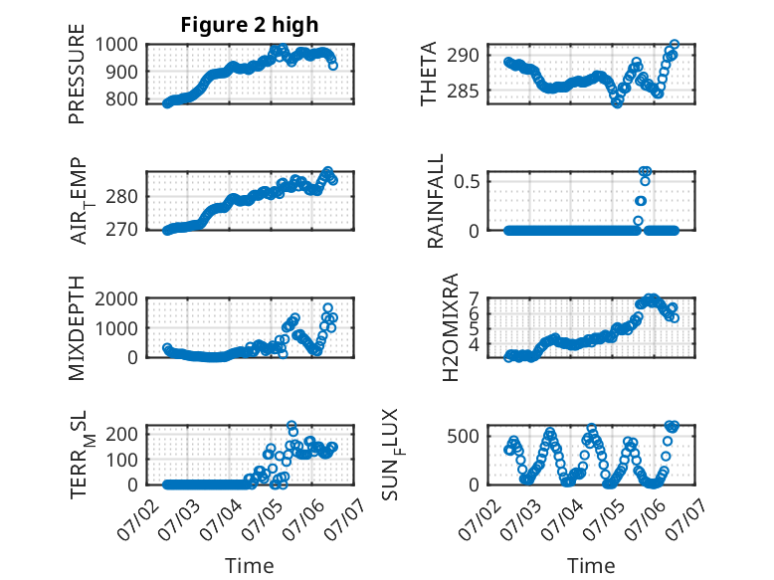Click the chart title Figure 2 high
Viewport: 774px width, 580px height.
[x=250, y=25]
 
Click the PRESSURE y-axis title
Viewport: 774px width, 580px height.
[x=77, y=74]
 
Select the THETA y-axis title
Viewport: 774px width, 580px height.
[x=429, y=74]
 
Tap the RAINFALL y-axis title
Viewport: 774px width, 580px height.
[x=436, y=201]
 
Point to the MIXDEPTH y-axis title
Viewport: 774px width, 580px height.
[x=77, y=328]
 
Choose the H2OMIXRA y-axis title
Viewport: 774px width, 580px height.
[x=451, y=327]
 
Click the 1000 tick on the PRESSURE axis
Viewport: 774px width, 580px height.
[x=116, y=45]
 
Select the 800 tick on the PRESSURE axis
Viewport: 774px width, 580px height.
[x=122, y=98]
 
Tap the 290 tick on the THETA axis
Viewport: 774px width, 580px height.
[x=463, y=55]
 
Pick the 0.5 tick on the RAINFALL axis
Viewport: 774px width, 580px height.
[x=467, y=181]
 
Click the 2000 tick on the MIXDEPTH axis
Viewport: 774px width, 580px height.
[x=116, y=298]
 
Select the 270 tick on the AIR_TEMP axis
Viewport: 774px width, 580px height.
[x=122, y=229]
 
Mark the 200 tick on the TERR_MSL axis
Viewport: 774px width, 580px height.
[x=122, y=434]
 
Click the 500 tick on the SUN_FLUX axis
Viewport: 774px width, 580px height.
[x=463, y=436]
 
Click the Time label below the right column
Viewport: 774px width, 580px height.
[x=591, y=566]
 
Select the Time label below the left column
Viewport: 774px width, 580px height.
[x=250, y=566]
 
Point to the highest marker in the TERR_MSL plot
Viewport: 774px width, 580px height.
[x=291, y=426]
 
